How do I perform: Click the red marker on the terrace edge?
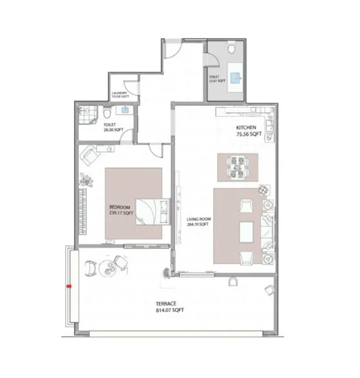tap(69, 285)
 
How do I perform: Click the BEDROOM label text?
tap(120, 208)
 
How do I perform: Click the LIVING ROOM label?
tap(199, 219)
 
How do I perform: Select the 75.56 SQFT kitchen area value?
tap(248, 134)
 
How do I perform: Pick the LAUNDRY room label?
tap(120, 93)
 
